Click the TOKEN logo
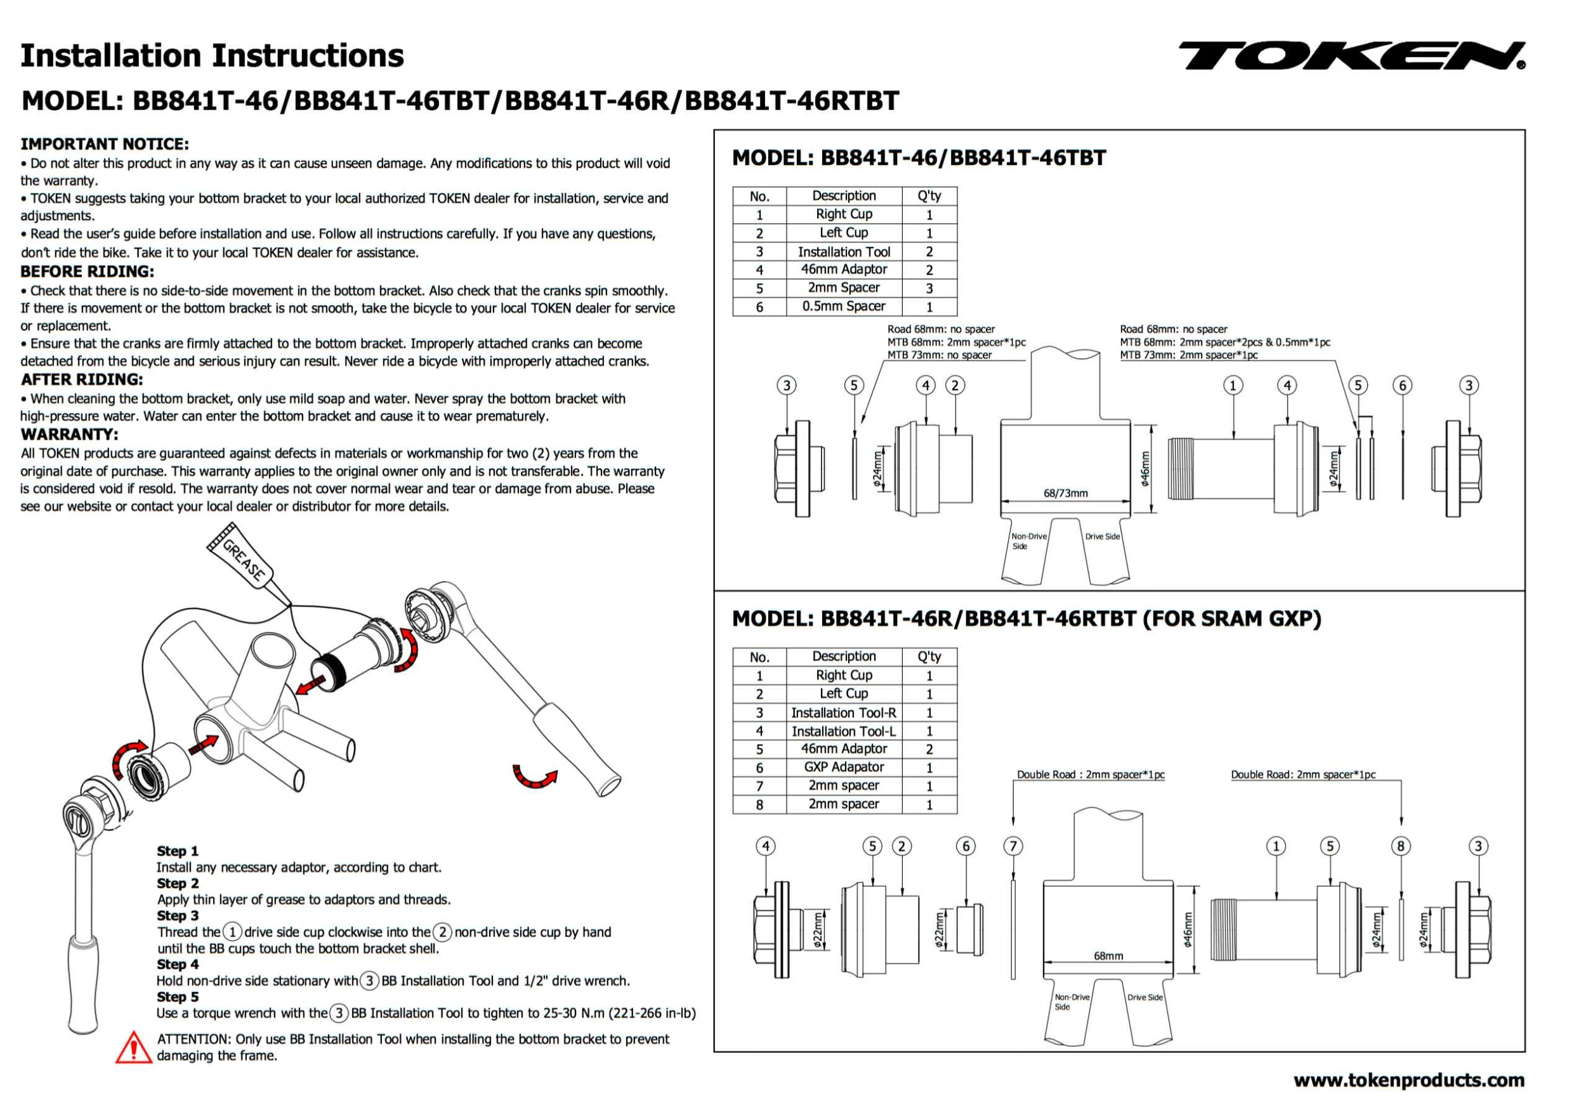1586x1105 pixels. [x=1351, y=56]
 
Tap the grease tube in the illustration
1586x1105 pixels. [x=242, y=560]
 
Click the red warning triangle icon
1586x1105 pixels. [x=133, y=1047]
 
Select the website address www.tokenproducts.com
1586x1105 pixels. [x=1408, y=1080]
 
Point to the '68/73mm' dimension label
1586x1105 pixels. [x=1065, y=493]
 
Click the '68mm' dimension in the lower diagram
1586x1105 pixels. [x=1108, y=956]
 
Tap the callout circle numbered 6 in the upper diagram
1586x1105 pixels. [x=1402, y=386]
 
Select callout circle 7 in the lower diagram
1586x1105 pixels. [x=1013, y=846]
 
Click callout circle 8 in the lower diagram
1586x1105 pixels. [x=1401, y=846]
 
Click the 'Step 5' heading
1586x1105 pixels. [x=178, y=997]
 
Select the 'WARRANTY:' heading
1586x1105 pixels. [x=69, y=435]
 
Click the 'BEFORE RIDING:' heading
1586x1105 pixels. [x=87, y=271]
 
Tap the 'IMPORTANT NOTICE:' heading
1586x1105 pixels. [x=104, y=143]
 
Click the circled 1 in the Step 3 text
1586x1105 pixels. [x=233, y=932]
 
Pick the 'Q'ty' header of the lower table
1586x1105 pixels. [x=929, y=656]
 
